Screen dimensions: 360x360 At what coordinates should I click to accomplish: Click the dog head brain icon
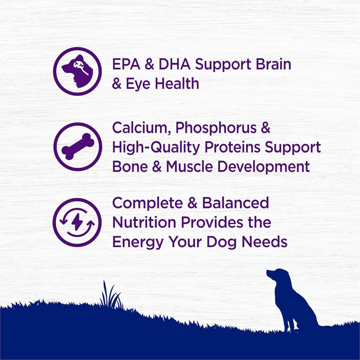[x=77, y=71]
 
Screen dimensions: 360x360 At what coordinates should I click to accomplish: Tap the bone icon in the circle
[x=78, y=147]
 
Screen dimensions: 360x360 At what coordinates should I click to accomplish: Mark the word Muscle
[x=189, y=167]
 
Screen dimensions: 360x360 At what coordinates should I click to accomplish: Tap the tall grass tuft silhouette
[x=110, y=295]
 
